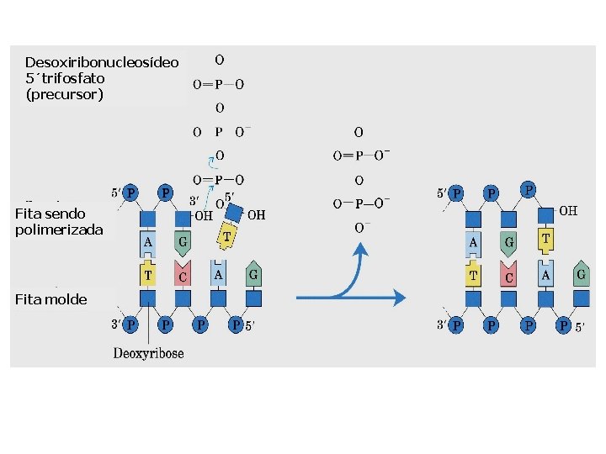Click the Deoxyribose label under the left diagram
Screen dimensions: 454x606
(148, 353)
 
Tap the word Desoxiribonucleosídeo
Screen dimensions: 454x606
(102, 62)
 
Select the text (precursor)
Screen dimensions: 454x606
(64, 94)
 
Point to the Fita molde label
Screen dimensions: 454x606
(50, 299)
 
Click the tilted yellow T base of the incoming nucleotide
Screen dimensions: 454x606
(227, 237)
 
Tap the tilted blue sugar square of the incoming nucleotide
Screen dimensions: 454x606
(234, 214)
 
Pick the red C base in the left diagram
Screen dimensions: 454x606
(183, 275)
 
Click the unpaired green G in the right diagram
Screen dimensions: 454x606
(580, 273)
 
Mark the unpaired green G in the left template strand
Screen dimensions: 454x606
(253, 273)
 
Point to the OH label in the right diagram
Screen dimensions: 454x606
(568, 211)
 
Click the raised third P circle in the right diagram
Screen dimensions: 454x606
(529, 189)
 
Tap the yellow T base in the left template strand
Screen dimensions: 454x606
(148, 274)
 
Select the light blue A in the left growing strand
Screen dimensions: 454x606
(148, 243)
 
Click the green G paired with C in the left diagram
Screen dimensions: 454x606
(183, 243)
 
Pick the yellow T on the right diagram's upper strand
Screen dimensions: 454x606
(546, 240)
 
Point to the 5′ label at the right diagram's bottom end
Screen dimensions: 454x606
(580, 327)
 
